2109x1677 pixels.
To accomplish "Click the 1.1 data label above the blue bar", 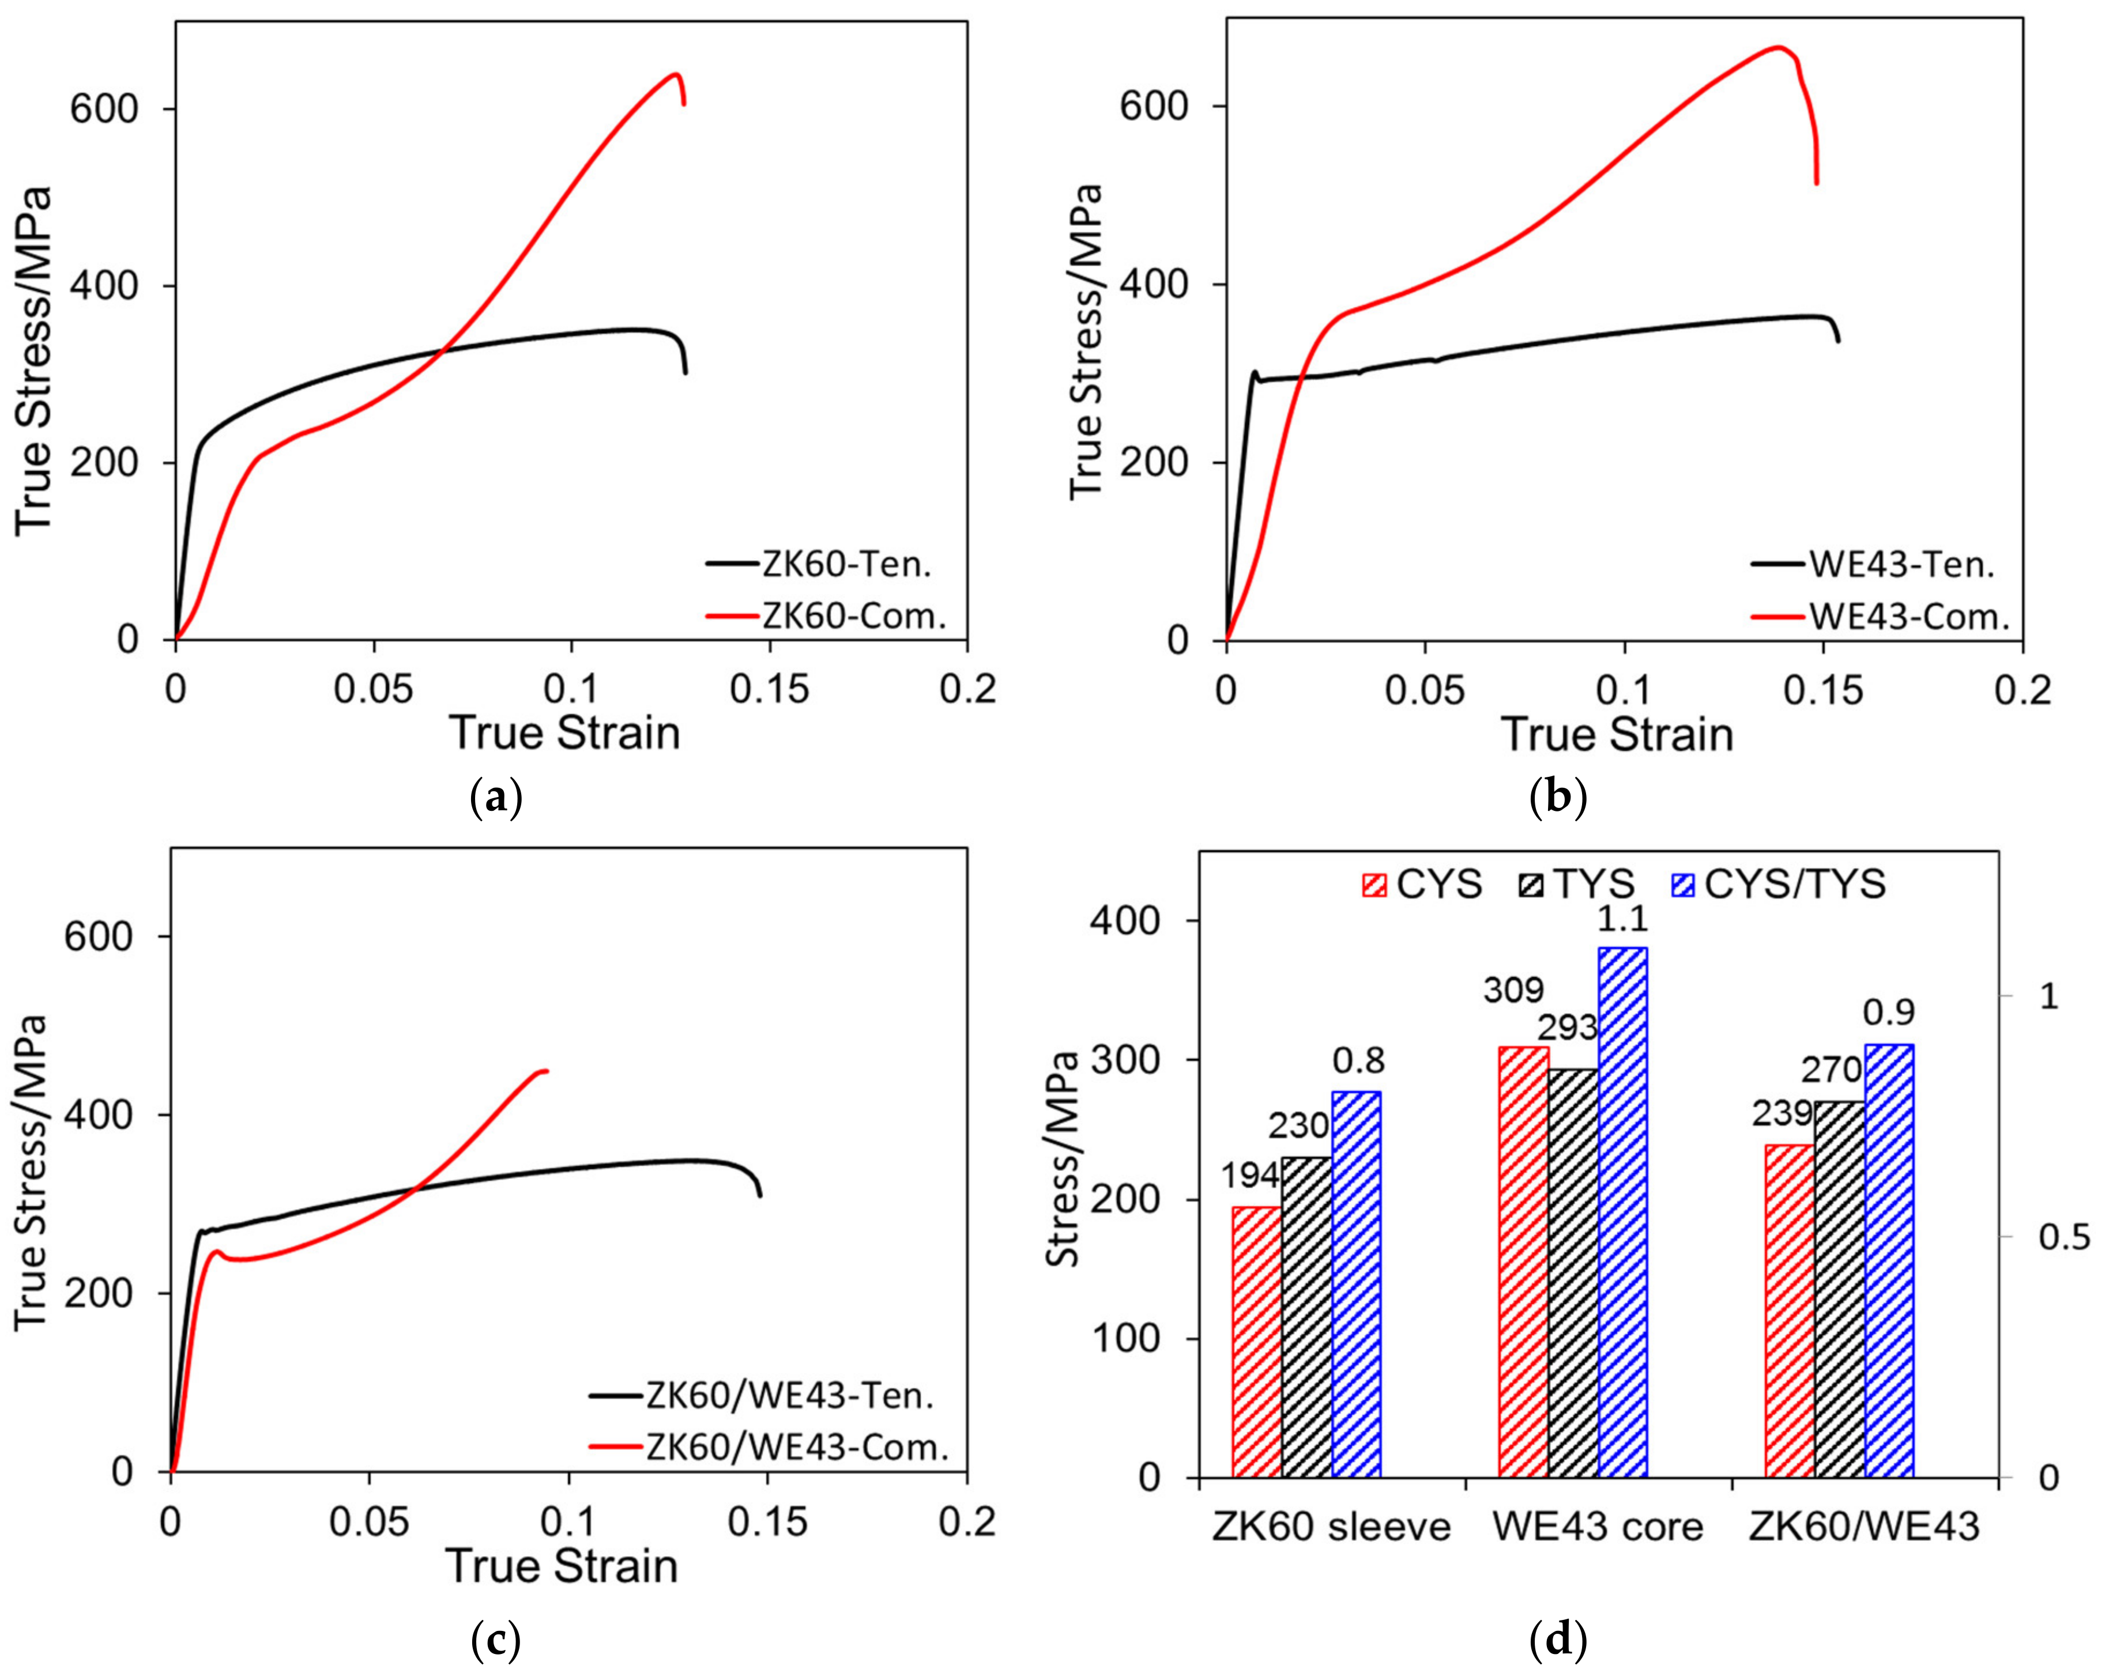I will (x=1622, y=919).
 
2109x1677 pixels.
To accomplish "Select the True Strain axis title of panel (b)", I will (x=1617, y=734).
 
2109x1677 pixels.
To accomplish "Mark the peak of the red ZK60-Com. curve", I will (x=674, y=74).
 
